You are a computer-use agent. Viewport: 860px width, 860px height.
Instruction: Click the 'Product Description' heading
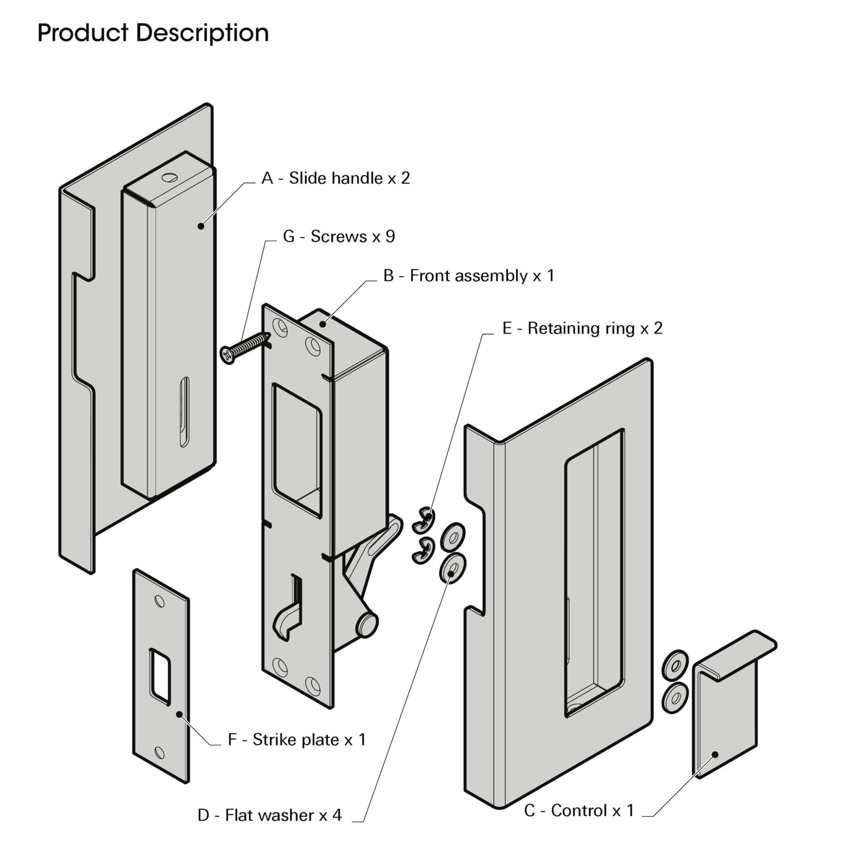(153, 33)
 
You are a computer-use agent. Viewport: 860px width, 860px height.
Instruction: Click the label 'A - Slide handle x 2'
(335, 178)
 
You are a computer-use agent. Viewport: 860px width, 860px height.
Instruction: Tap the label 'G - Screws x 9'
(339, 236)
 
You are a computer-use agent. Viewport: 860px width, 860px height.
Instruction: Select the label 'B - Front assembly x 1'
(468, 276)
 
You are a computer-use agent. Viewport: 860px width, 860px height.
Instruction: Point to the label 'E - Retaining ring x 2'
(582, 328)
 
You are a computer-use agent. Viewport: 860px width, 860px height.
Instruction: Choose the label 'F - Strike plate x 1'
(297, 740)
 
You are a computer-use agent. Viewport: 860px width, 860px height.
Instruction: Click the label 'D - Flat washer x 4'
(269, 815)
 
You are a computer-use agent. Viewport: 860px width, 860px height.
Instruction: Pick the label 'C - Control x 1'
(579, 810)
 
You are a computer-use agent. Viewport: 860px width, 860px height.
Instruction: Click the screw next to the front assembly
(244, 348)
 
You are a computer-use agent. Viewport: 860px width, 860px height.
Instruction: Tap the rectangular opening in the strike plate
(160, 676)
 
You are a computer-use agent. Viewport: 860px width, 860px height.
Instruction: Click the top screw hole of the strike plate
(160, 601)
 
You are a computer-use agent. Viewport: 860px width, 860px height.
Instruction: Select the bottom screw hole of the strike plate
(160, 752)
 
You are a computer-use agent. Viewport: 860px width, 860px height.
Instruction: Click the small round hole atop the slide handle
(169, 177)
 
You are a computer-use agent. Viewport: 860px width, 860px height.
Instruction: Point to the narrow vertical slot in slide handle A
(184, 412)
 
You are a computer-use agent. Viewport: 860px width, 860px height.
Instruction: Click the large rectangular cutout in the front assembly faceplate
(297, 450)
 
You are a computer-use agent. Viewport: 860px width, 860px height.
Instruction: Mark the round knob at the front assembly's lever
(367, 625)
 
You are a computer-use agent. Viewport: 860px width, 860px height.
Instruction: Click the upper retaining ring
(424, 520)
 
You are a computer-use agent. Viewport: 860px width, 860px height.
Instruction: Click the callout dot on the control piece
(715, 755)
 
